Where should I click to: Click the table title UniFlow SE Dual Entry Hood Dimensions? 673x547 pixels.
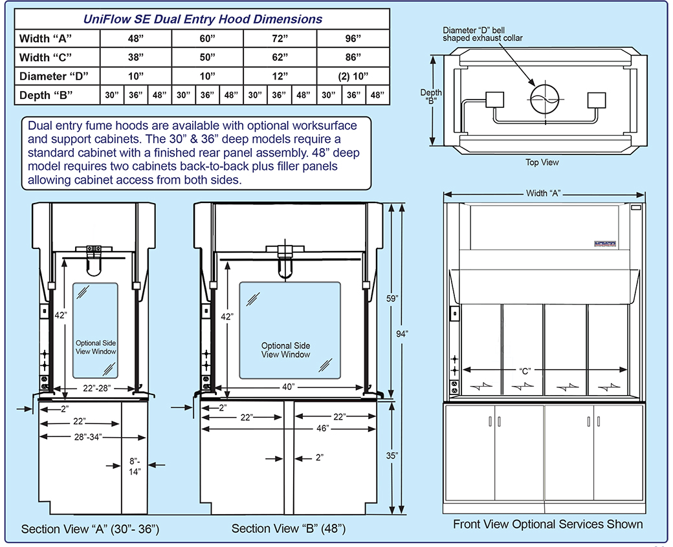coord(203,19)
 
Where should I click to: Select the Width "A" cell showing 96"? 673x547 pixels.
coord(353,38)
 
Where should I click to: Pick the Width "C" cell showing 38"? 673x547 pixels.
coord(136,57)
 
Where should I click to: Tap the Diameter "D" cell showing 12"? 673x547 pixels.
coord(280,76)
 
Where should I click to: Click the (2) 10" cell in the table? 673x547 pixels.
coord(353,76)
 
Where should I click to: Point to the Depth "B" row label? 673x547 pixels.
coord(44,95)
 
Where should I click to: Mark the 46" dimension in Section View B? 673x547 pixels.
coord(322,428)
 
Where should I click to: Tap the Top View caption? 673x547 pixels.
coord(542,162)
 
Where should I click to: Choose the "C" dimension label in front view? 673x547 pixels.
coord(525,371)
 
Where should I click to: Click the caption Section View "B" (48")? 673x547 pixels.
coord(288,529)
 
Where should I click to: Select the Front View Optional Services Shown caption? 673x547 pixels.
coord(547,524)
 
